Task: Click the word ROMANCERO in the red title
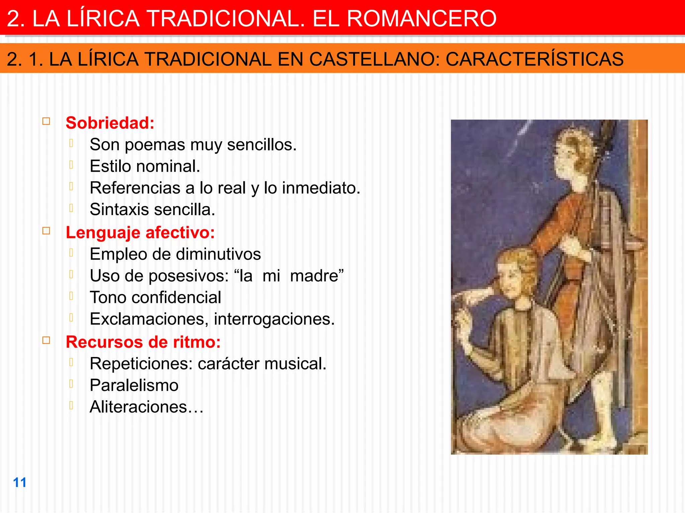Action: (x=421, y=18)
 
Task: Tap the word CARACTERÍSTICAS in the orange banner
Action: (x=534, y=59)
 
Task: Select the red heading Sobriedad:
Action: (x=110, y=123)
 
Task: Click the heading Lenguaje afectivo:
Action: (x=140, y=232)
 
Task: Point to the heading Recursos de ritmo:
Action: (x=143, y=342)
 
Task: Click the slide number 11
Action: (x=19, y=482)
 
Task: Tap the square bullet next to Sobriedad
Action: (x=46, y=121)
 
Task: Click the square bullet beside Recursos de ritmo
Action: (x=46, y=340)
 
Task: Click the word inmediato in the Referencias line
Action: (x=321, y=188)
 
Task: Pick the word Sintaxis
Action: (x=119, y=210)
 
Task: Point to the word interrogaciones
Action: (x=274, y=319)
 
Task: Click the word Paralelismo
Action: (x=134, y=385)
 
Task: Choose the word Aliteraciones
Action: (x=138, y=407)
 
